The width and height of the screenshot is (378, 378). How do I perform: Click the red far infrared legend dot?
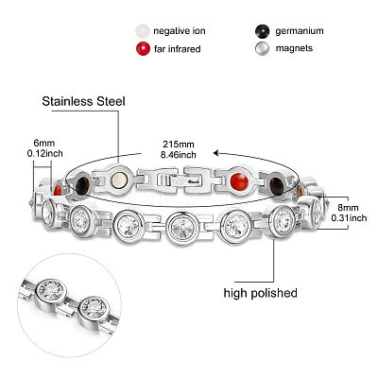(x=143, y=49)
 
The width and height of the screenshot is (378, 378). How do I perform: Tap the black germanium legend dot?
(x=262, y=31)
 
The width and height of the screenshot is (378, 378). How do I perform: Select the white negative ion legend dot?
(x=142, y=31)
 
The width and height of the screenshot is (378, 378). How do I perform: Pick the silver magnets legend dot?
(x=262, y=48)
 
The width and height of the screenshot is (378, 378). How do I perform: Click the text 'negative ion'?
(x=180, y=31)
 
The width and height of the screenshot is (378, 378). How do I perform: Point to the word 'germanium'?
(x=300, y=31)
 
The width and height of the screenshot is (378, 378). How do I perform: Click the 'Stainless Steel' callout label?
(x=83, y=101)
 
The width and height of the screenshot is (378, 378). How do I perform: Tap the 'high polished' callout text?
(x=261, y=293)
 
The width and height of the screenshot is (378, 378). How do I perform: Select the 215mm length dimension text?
(x=179, y=145)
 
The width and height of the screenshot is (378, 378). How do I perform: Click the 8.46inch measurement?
(x=179, y=155)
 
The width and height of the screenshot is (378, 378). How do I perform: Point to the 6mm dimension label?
(x=44, y=143)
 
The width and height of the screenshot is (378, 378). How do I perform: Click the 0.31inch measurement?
(x=349, y=217)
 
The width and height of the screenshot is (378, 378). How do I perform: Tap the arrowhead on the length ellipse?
(x=216, y=153)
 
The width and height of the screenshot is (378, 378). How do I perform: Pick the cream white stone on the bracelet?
(x=119, y=180)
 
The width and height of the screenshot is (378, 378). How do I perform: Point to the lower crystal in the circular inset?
(x=94, y=308)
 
